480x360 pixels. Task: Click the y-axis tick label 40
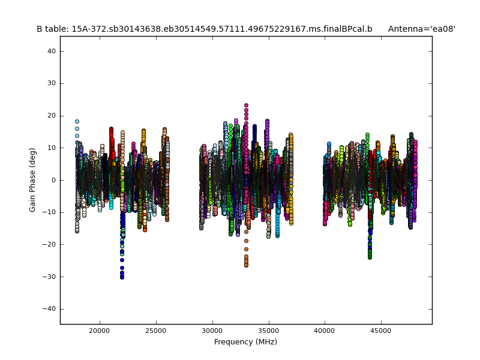tap(52, 52)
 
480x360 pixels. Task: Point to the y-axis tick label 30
tap(52, 83)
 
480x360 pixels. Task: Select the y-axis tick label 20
tap(52, 116)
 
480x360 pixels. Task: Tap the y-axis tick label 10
tap(52, 148)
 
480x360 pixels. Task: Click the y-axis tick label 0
tap(53, 180)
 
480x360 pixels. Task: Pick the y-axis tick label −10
tap(50, 212)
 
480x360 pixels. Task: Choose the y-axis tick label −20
tap(50, 244)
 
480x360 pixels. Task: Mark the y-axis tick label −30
tap(50, 277)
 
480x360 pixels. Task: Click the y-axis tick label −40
tap(50, 308)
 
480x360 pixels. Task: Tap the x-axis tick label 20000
tap(99, 330)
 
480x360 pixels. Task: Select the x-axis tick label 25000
tap(155, 330)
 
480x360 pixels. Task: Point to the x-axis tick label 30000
tap(212, 330)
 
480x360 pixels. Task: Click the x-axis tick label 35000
tap(268, 330)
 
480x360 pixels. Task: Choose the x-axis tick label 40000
tap(325, 330)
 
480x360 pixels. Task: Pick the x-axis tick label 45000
tap(381, 330)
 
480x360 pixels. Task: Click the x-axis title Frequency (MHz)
tap(245, 342)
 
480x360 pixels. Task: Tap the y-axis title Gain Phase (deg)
tap(33, 180)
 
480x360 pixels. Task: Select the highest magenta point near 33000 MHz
tap(246, 106)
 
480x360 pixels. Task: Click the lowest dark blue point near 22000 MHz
tap(122, 277)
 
